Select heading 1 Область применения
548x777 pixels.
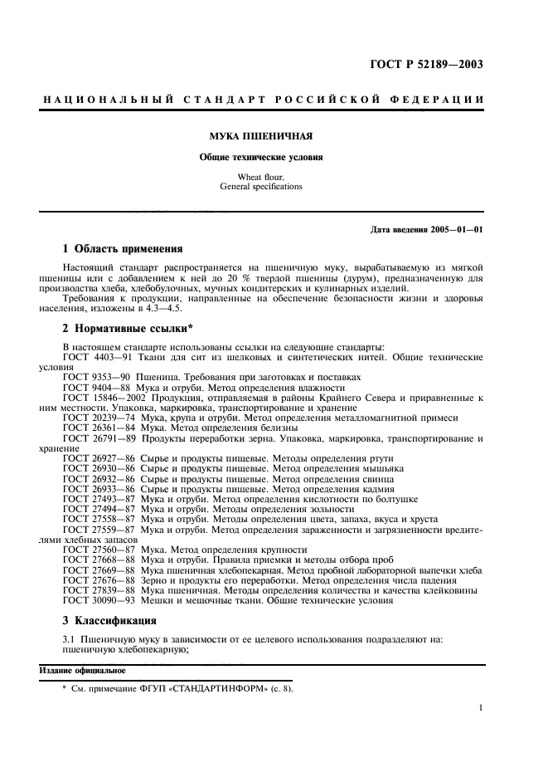(123, 247)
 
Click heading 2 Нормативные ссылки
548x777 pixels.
(128, 329)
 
